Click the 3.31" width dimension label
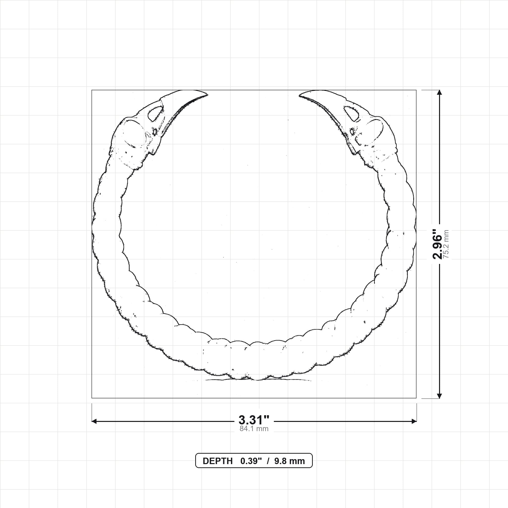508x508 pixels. [x=254, y=420]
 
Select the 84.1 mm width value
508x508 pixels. [x=254, y=429]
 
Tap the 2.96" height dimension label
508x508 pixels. [x=438, y=244]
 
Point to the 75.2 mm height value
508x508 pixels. [x=446, y=244]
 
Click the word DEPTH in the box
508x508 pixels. [x=218, y=461]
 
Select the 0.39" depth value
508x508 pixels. [x=251, y=461]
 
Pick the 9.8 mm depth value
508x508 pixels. [x=289, y=461]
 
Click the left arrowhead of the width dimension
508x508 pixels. [x=94, y=421]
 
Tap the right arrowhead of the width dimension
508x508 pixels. [x=414, y=421]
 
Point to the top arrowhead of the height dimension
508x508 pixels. [x=439, y=92]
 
